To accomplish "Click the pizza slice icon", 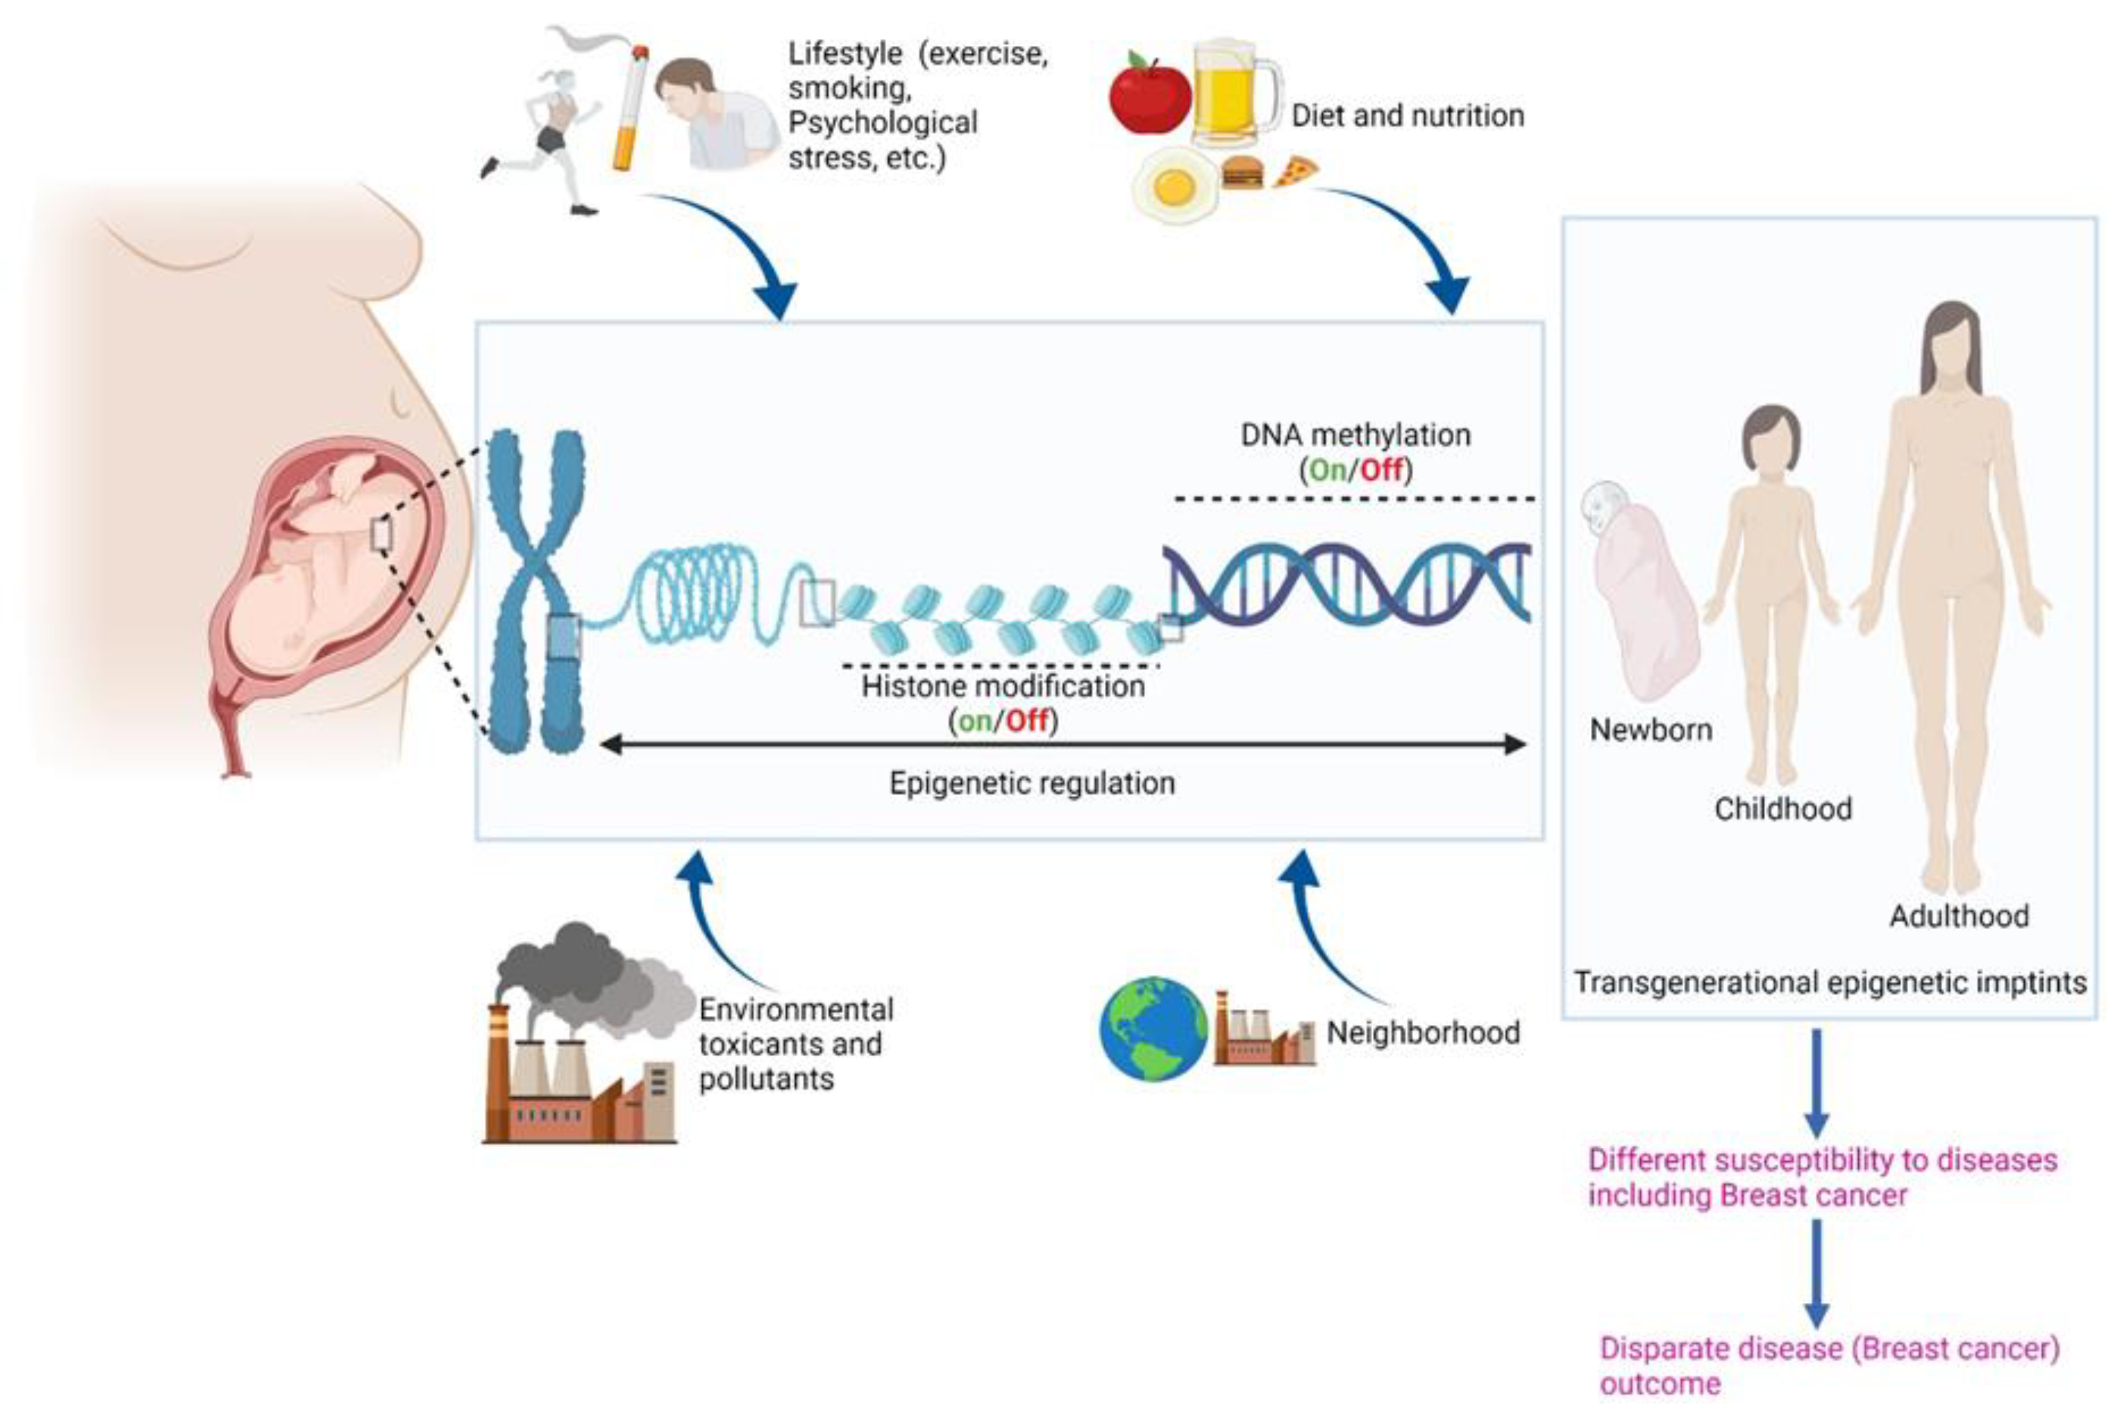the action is pos(1295,171).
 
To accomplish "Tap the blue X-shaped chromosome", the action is pos(535,591).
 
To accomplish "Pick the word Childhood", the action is pos(1783,809).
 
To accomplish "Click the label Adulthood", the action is pos(1958,916).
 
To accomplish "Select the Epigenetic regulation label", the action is pos(1032,783).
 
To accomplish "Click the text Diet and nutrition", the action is pos(1407,116).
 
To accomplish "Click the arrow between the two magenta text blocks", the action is pos(1816,1274).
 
